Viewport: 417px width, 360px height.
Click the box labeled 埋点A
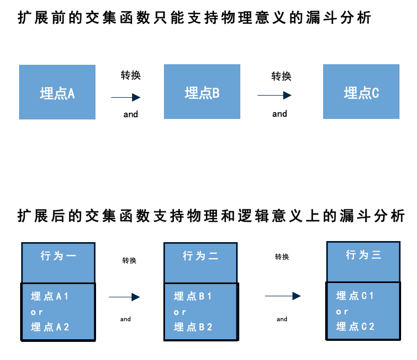pos(57,92)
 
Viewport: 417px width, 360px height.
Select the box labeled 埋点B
pos(202,92)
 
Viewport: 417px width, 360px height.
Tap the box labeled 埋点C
pos(361,92)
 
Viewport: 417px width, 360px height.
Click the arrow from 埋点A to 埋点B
pos(126,97)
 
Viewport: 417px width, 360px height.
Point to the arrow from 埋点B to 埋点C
pos(274,96)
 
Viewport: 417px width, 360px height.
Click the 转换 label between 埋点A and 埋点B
pos(131,75)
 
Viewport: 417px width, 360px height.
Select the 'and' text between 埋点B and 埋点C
pos(280,114)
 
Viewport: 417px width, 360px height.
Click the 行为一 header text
pos(58,256)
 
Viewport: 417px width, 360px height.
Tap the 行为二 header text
pos(201,256)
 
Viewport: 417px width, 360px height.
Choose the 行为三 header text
pos(363,255)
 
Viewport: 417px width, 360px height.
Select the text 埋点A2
pos(50,327)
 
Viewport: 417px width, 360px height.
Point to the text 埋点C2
pos(355,327)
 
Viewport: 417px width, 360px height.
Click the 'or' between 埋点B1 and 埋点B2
pos(180,312)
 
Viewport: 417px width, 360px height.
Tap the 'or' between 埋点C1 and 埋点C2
pos(342,312)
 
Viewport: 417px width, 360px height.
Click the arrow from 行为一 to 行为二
pos(124,297)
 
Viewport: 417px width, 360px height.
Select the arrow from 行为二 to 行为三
pos(283,296)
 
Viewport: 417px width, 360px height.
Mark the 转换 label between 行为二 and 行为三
pos(282,257)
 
